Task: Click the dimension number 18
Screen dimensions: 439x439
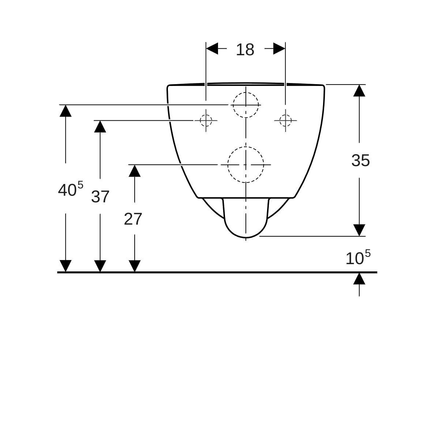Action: click(245, 50)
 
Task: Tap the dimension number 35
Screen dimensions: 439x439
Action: click(360, 160)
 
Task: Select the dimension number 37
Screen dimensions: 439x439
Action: click(100, 196)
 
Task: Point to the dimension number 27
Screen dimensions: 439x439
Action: click(133, 219)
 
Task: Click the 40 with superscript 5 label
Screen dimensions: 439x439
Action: click(71, 189)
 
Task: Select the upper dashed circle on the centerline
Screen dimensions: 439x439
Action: click(246, 93)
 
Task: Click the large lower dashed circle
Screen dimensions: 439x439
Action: click(246, 147)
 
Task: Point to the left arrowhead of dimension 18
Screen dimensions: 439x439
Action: click(212, 49)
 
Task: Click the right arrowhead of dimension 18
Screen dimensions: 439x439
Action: click(279, 49)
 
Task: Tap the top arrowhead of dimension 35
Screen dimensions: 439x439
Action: click(359, 90)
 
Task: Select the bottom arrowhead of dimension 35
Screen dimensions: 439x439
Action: click(359, 230)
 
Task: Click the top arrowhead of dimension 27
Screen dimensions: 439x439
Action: click(135, 170)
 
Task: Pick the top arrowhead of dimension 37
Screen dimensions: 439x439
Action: click(100, 127)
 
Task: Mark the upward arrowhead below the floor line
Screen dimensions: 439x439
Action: click(359, 279)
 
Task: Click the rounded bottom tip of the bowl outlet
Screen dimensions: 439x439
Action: click(246, 238)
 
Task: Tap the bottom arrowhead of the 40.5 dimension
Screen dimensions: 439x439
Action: click(65, 266)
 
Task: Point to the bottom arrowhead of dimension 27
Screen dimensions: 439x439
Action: click(135, 266)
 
